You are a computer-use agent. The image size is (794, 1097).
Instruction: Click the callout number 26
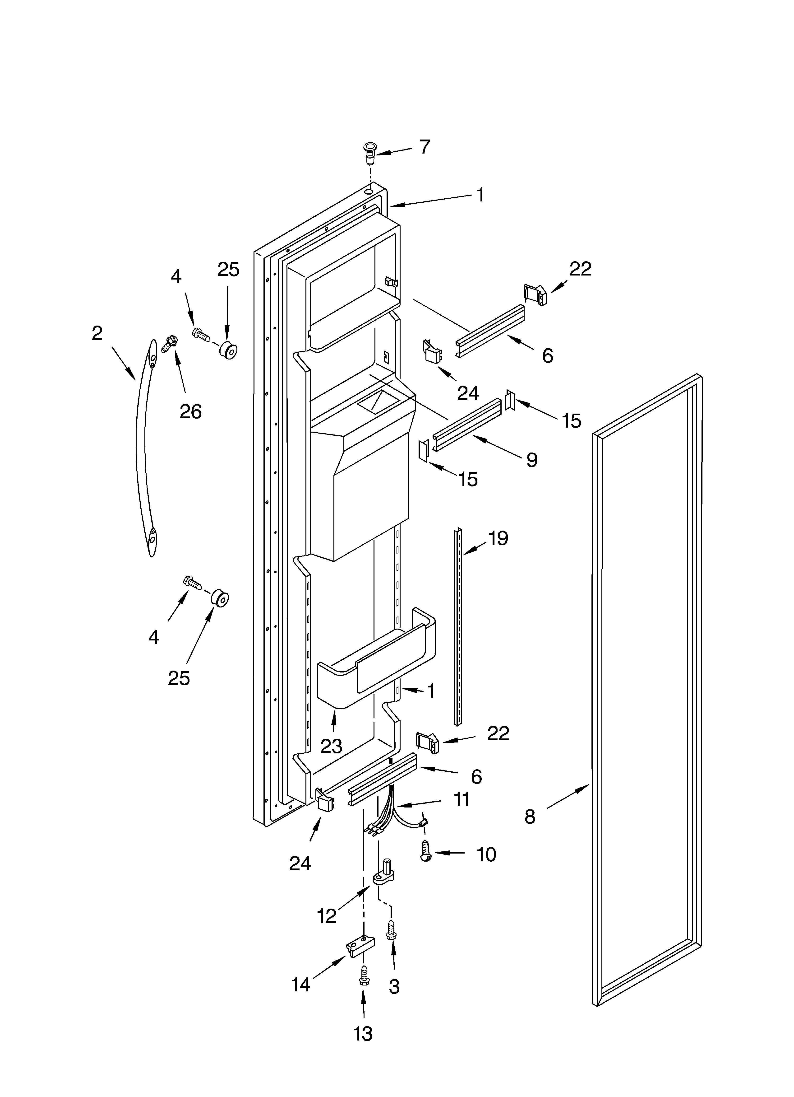pos(190,412)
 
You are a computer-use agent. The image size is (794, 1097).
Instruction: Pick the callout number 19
pos(498,538)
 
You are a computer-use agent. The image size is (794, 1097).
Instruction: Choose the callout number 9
pos(532,459)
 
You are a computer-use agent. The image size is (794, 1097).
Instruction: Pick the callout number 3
pos(394,987)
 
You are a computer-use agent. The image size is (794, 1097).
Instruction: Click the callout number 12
pos(327,916)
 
